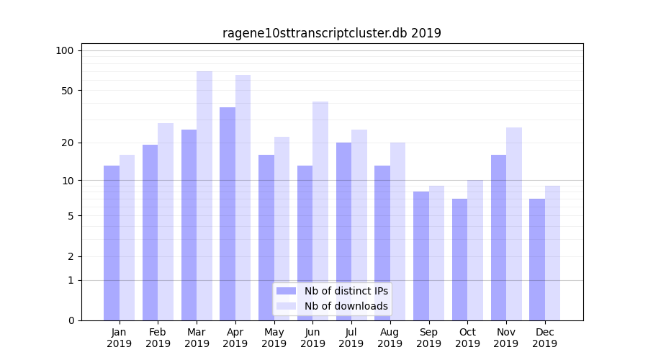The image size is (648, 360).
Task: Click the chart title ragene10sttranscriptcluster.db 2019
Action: click(x=331, y=33)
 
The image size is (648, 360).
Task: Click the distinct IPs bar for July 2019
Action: click(x=343, y=231)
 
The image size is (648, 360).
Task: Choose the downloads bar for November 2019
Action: click(x=514, y=224)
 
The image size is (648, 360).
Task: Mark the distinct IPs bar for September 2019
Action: click(x=421, y=256)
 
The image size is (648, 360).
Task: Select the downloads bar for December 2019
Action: click(x=552, y=253)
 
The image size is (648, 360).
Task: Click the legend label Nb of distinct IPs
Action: click(x=346, y=291)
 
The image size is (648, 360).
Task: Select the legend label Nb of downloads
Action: click(x=346, y=306)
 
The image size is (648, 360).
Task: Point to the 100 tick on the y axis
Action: click(x=65, y=50)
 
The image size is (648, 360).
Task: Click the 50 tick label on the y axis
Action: click(x=68, y=91)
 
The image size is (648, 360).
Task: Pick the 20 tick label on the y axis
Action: click(x=68, y=143)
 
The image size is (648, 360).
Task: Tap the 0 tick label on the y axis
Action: click(x=71, y=320)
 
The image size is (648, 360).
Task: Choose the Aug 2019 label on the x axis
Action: click(x=390, y=338)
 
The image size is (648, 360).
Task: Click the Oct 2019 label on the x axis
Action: click(x=467, y=338)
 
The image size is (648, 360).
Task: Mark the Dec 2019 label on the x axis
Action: click(x=544, y=338)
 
